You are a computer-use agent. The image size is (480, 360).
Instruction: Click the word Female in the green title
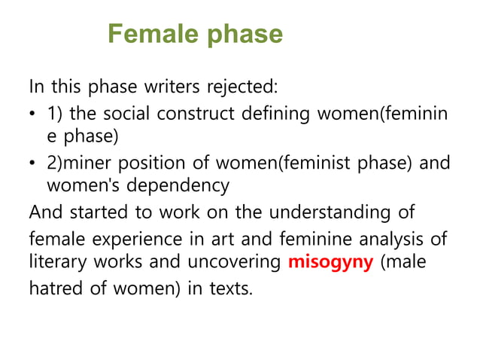point(150,35)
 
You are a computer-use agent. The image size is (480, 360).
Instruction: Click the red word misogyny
point(330,265)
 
